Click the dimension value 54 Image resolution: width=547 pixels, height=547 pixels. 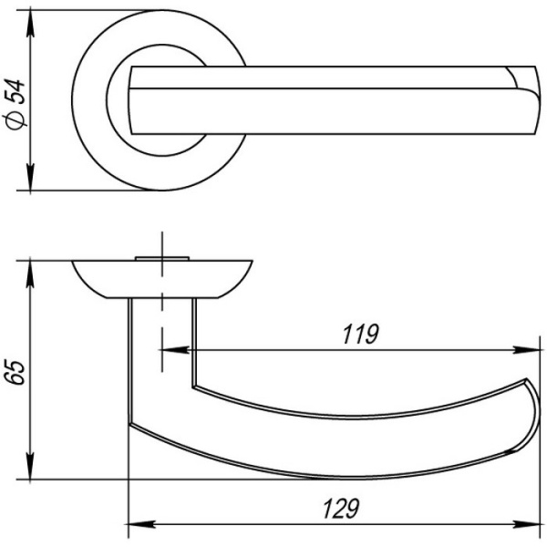click(x=16, y=92)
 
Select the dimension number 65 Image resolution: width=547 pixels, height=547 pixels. click(x=16, y=372)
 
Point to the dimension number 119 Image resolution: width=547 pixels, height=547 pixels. click(x=360, y=335)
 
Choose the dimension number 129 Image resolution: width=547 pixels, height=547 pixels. click(x=341, y=509)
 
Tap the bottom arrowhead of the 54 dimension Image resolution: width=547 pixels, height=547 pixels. click(x=31, y=177)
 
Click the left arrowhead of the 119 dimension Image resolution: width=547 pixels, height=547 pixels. click(x=175, y=350)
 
